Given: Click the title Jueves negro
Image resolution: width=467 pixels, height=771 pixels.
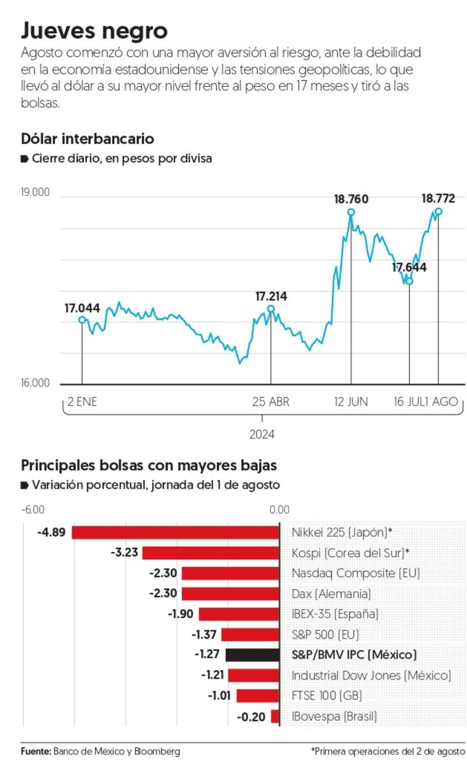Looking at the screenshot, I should tap(94, 30).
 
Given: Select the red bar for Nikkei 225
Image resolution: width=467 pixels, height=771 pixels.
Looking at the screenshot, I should tap(175, 532).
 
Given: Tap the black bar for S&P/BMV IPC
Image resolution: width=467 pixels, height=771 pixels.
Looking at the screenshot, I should tap(252, 655).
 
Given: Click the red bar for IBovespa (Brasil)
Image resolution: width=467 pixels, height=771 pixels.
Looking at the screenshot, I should tap(276, 716).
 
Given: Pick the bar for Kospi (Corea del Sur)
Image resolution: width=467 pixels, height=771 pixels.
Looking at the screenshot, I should tap(211, 553).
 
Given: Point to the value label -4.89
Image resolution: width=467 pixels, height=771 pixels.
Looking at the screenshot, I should tap(50, 532).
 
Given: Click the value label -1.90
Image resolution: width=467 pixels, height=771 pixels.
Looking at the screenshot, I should tap(180, 614).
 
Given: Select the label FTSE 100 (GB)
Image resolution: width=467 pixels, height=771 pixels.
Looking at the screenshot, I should tap(327, 696).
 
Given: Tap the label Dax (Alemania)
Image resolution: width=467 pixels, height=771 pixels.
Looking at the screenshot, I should tap(331, 594).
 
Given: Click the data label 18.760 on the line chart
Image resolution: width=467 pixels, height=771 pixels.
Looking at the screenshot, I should tap(351, 199).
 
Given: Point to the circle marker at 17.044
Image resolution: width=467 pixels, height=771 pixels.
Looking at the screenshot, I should tap(82, 320).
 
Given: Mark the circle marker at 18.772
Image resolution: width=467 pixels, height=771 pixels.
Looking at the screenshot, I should tap(438, 211).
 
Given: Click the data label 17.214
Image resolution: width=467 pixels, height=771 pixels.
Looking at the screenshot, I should tap(271, 296).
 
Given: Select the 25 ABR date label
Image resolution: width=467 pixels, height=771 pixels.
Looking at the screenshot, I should tap(271, 402).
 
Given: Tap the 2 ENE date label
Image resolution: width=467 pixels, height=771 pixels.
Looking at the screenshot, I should tap(82, 402).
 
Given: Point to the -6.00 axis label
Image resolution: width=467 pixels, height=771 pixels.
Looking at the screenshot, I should tap(33, 510).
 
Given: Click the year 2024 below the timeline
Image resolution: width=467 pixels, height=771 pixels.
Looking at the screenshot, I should tap(262, 434).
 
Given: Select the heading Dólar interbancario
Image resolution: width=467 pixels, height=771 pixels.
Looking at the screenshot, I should tap(88, 139).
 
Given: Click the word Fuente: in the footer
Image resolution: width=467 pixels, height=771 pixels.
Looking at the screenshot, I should tap(36, 751).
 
